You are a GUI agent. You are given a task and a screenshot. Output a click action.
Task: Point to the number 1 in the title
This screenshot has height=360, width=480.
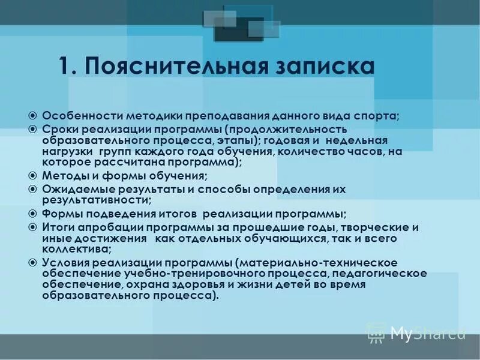point(65,67)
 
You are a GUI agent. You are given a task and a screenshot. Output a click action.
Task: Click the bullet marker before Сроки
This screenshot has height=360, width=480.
point(34,129)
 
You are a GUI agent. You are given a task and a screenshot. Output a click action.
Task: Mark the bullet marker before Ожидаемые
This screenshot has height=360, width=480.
point(34,189)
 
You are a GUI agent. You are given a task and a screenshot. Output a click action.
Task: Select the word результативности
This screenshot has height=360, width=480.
point(95,200)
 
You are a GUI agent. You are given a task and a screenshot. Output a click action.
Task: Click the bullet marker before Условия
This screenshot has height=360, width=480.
point(34,263)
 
